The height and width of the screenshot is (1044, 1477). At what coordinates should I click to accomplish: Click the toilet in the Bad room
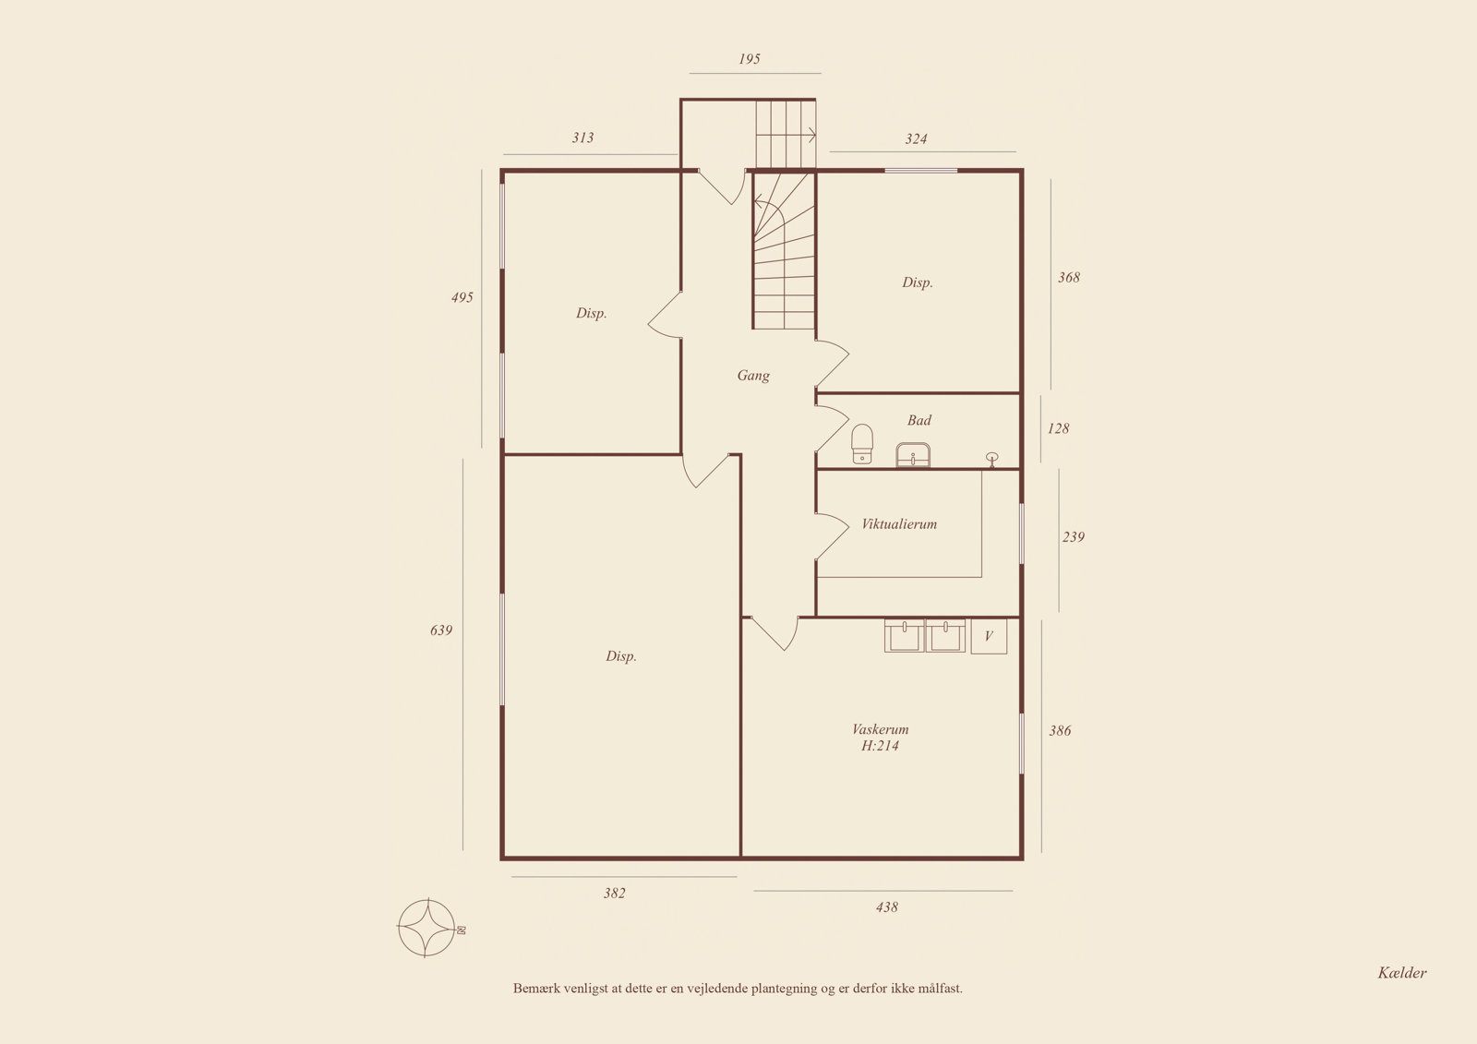[x=862, y=444]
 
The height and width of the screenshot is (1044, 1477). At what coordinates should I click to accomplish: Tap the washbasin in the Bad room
[x=913, y=454]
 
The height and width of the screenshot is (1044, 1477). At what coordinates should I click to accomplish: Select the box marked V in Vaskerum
[x=989, y=636]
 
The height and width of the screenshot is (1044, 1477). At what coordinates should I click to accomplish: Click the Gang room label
[x=753, y=376]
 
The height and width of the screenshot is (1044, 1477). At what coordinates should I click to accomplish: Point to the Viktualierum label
[x=899, y=523]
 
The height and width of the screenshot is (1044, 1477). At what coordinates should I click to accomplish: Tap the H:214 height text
[x=880, y=745]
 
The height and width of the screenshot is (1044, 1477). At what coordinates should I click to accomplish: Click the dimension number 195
[x=749, y=59]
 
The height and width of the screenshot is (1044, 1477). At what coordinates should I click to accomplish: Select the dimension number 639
[x=441, y=630]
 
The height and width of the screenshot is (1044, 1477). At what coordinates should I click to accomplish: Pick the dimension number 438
[x=887, y=906]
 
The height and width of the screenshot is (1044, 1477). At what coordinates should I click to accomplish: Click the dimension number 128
[x=1058, y=428]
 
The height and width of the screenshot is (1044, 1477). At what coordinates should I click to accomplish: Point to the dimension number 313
[x=582, y=138]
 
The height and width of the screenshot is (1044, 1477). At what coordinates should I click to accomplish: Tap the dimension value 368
[x=1069, y=277]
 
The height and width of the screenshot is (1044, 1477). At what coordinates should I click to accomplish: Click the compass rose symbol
[x=427, y=928]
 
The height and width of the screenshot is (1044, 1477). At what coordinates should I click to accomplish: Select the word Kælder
[x=1402, y=972]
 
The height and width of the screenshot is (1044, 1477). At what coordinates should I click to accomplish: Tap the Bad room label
[x=919, y=420]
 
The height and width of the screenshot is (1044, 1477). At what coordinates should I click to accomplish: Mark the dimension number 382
[x=614, y=893]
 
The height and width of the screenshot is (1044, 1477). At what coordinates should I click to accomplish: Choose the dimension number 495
[x=462, y=297]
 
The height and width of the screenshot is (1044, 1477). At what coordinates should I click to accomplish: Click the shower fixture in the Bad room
[x=991, y=459]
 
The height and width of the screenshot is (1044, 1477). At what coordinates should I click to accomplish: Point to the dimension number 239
[x=1073, y=537]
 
